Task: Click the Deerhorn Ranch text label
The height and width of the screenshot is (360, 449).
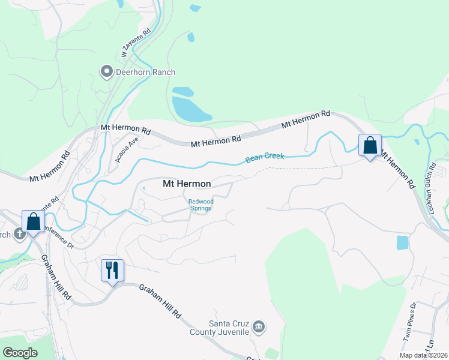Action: pos(146,73)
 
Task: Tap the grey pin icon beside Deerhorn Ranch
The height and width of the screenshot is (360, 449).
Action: pos(107,72)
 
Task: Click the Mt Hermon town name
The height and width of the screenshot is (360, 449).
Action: pos(187,184)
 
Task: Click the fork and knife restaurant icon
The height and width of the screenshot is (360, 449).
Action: pos(112,271)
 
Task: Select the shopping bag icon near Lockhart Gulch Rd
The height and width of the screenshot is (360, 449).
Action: pos(370,145)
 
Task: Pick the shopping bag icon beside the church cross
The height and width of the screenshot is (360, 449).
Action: pos(34,221)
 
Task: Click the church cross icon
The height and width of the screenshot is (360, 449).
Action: pos(19,233)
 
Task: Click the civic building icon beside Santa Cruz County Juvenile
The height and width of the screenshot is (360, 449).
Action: pos(259,327)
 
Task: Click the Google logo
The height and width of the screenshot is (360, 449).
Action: pos(20,353)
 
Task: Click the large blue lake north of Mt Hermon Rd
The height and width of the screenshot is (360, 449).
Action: pos(189,106)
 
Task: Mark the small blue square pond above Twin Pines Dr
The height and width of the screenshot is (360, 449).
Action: pos(402,243)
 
